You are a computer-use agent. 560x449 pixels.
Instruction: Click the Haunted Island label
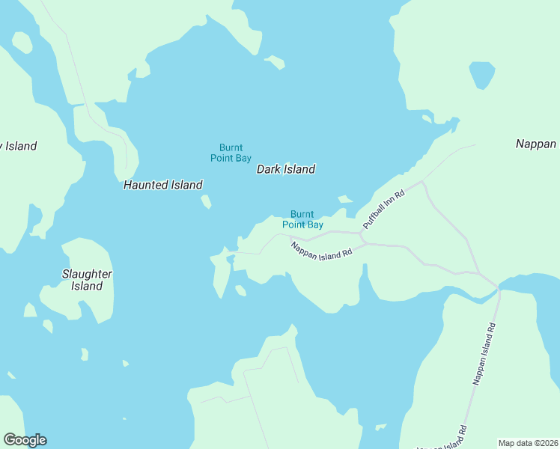162,185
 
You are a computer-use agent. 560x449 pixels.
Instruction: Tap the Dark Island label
285,169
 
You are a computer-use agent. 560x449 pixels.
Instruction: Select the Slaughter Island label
87,280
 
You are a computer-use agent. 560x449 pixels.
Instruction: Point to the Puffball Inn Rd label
383,209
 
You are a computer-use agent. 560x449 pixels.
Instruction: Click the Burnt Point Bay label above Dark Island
231,153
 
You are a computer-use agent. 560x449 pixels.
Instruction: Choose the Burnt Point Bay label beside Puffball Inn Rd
302,219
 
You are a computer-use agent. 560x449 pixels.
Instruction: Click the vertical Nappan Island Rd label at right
484,354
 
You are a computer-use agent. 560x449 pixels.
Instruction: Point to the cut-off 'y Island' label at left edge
18,146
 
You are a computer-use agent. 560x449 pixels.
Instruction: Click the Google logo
25,440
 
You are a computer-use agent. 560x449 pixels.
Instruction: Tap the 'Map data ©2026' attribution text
528,443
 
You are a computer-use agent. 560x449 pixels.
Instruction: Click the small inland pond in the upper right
481,75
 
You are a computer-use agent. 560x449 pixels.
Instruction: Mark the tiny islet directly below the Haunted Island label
206,201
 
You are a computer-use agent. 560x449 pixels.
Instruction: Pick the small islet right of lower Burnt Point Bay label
344,199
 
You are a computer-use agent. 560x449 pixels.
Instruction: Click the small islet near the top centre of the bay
275,62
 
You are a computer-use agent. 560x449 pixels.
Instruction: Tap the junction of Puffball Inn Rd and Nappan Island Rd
362,237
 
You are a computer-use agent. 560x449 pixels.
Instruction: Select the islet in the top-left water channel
22,42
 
